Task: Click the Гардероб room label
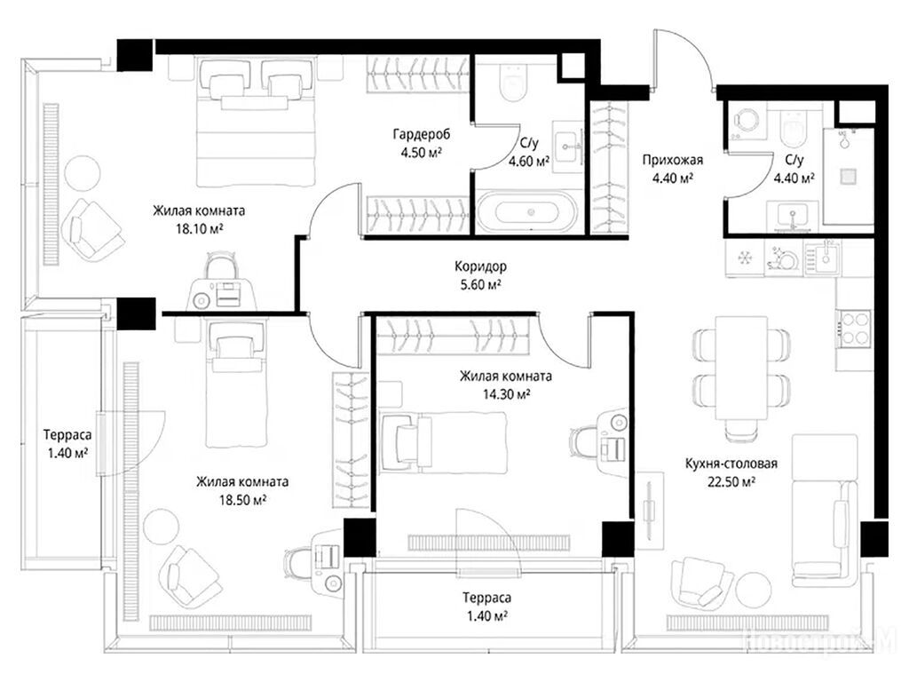422,135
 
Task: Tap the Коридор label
480,266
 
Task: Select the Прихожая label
673,160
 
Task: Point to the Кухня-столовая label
731,464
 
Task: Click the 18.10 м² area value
200,229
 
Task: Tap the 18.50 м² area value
242,500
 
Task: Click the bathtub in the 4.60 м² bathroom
527,211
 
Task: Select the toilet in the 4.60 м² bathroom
513,83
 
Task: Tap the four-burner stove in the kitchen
853,329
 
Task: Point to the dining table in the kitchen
741,368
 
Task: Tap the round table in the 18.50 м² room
162,526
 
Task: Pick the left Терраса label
67,434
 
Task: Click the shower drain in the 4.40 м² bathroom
849,176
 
